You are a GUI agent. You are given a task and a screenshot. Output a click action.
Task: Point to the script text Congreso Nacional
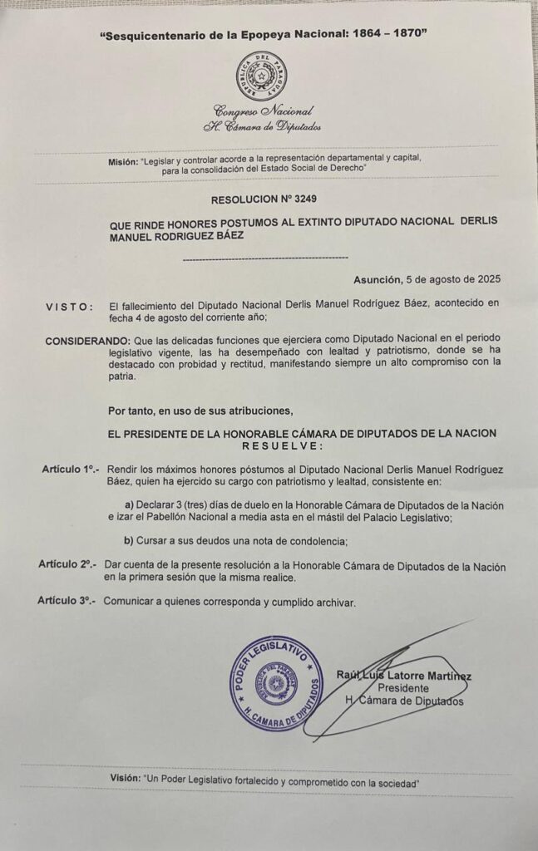pyautogui.click(x=264, y=111)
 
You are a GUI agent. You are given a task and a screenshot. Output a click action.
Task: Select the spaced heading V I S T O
pyautogui.click(x=69, y=307)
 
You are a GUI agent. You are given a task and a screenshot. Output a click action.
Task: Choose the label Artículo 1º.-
pyautogui.click(x=71, y=470)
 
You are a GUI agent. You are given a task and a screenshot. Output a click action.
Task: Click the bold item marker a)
pyautogui.click(x=129, y=505)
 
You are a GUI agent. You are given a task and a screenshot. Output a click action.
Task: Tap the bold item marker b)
pyautogui.click(x=129, y=541)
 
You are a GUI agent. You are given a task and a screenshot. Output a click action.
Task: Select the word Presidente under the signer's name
pyautogui.click(x=403, y=688)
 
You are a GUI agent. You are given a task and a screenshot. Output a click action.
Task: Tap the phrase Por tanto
pyautogui.click(x=135, y=410)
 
